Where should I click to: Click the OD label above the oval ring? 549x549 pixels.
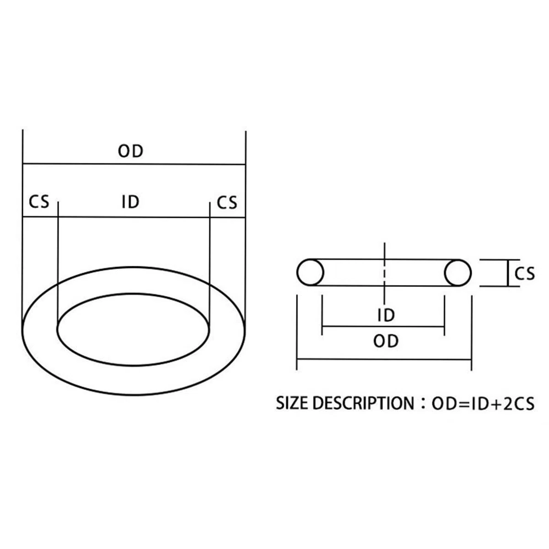130,151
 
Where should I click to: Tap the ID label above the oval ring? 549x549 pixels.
130,202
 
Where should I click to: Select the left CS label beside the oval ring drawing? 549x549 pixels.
39,201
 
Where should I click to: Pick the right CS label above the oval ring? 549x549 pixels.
227,203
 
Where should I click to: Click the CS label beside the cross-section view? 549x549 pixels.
524,274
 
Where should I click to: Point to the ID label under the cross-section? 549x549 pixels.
386,315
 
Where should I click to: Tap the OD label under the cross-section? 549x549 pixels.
386,341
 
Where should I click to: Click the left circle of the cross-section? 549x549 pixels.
310,272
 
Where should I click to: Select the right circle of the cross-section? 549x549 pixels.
458,273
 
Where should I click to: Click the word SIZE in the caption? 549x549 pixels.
292,403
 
